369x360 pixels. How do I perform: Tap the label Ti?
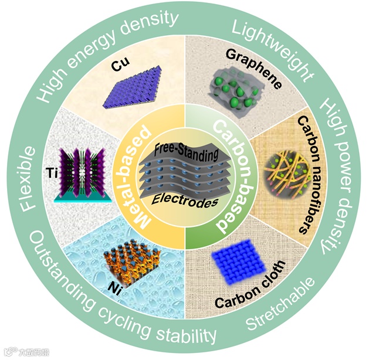coord(52,172)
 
